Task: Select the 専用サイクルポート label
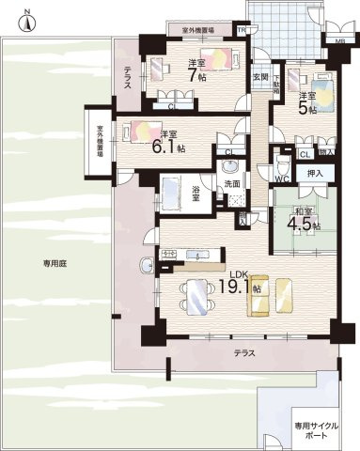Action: coord(315,430)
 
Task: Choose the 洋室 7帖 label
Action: coord(196,70)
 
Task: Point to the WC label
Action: coord(281,179)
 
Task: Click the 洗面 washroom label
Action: coord(231,184)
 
